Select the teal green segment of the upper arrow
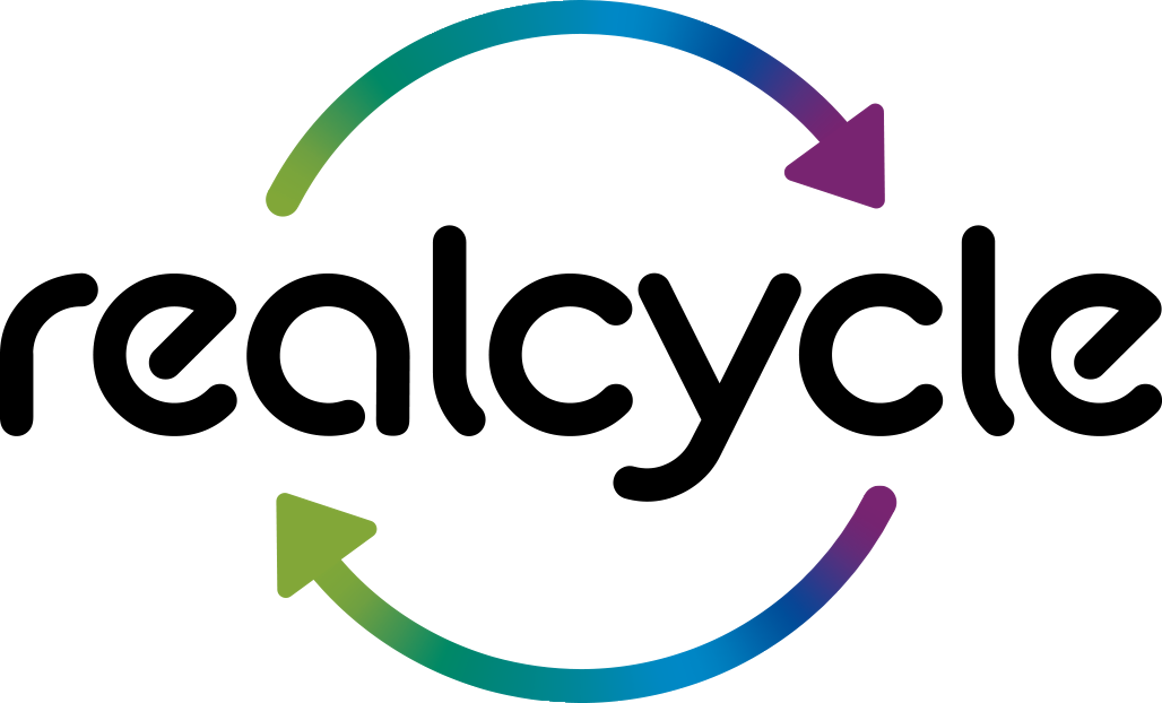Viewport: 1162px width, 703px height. coord(401,71)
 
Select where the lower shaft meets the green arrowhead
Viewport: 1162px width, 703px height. coord(330,573)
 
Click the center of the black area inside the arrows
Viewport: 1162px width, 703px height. coord(581,351)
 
